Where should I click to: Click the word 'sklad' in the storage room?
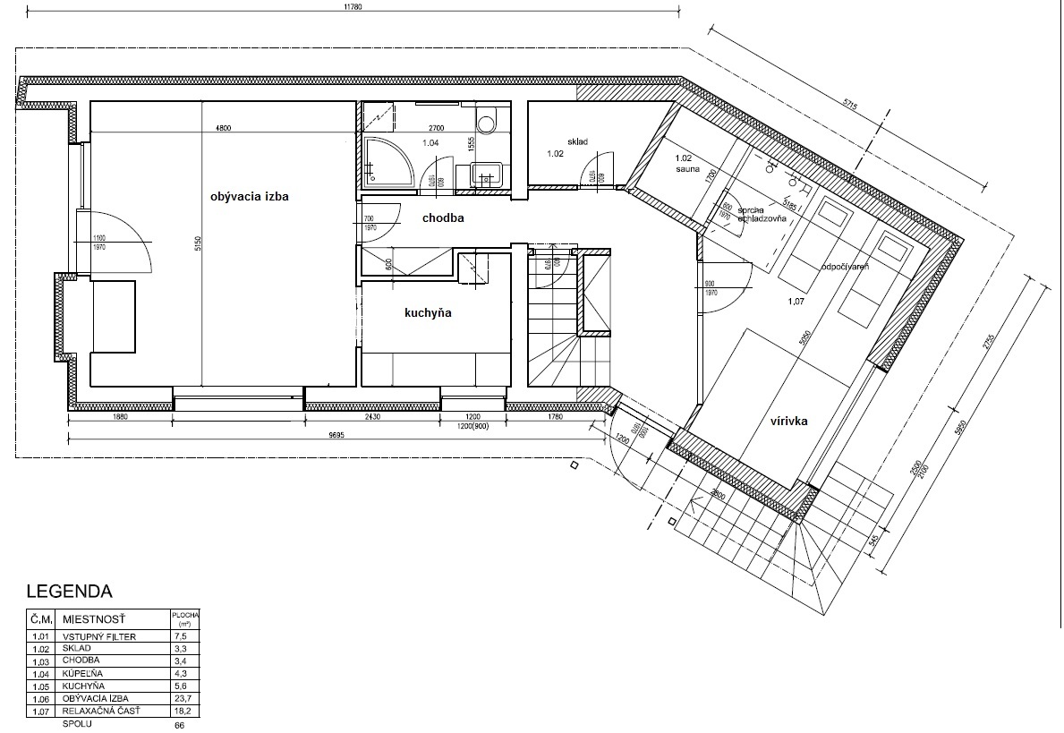(577, 141)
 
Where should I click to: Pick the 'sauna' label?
(687, 167)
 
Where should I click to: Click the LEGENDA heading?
(69, 592)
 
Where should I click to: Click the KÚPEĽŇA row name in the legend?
(85, 673)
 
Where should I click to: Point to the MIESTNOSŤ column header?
(94, 618)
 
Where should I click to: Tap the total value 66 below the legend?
(180, 725)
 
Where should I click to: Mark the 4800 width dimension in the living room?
(223, 129)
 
